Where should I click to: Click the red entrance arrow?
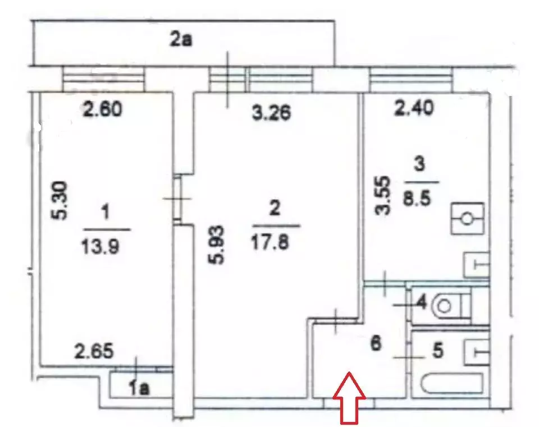click(x=349, y=398)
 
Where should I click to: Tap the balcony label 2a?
click(x=181, y=40)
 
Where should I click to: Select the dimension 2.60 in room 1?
click(x=102, y=110)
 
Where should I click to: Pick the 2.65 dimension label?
click(x=94, y=351)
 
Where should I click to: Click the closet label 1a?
click(x=139, y=388)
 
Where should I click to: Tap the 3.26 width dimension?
click(x=272, y=113)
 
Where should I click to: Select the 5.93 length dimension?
click(x=217, y=245)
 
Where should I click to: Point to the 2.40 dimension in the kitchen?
click(x=414, y=108)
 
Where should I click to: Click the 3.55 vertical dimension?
click(x=382, y=195)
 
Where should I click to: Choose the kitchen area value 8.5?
click(x=417, y=198)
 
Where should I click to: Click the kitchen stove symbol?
click(x=467, y=218)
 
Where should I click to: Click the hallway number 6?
click(x=376, y=343)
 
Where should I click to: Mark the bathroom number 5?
click(x=437, y=351)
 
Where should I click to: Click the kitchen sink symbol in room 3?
click(x=477, y=264)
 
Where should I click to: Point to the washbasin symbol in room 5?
click(x=477, y=352)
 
